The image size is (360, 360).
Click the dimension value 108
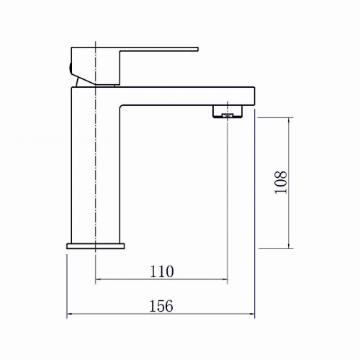(x=281, y=182)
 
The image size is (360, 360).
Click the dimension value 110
(x=161, y=271)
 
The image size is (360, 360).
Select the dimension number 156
(x=161, y=306)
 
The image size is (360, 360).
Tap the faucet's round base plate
(x=96, y=246)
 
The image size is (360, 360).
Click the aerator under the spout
(x=228, y=112)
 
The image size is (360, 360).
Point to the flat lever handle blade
(x=159, y=49)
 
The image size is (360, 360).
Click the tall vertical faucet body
(x=96, y=166)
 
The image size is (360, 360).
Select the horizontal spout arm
(x=187, y=96)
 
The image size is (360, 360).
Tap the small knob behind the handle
(x=70, y=67)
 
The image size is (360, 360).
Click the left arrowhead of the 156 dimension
(x=69, y=314)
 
